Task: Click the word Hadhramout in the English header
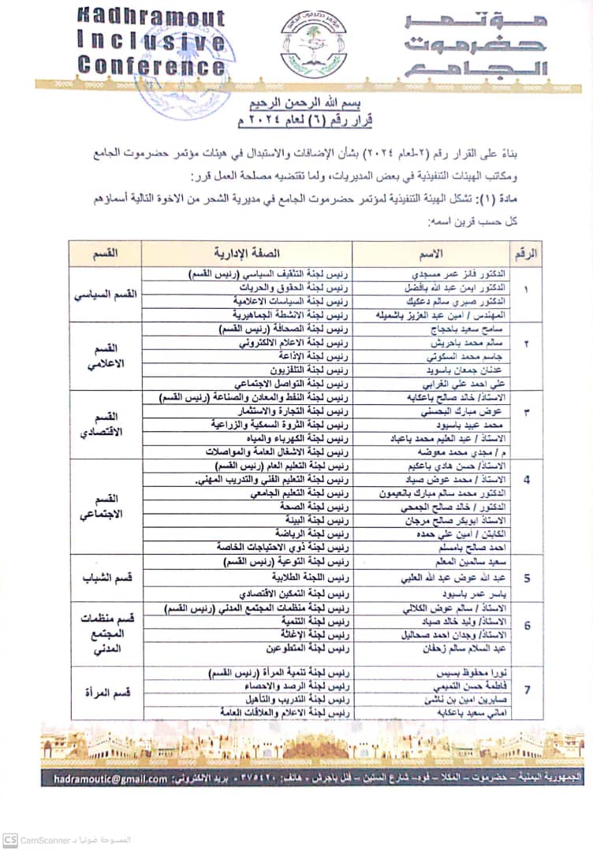(151, 18)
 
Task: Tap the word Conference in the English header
(152, 66)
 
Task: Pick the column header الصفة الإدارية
(247, 254)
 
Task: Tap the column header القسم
(106, 254)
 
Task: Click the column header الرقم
(526, 254)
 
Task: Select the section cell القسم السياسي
(106, 295)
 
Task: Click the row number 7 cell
(527, 691)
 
